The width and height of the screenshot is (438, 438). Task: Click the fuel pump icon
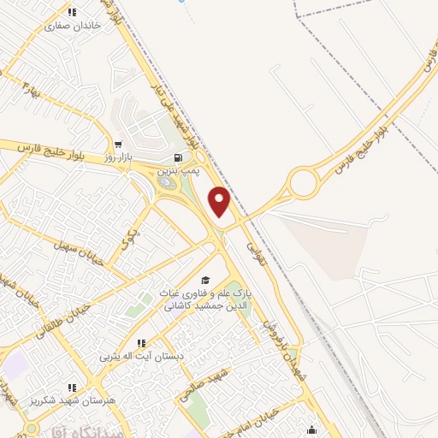click(177, 157)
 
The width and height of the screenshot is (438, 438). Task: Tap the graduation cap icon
click(204, 280)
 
